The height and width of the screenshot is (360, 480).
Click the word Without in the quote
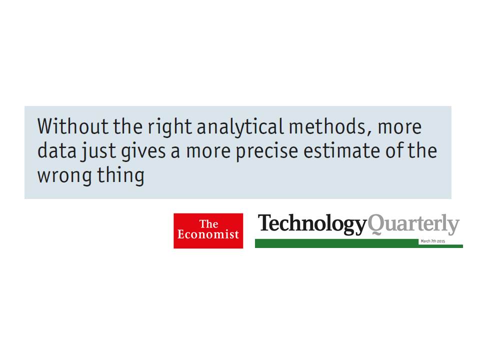pos(72,126)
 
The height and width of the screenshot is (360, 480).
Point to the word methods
pos(327,126)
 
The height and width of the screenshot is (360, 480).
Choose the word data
pos(57,150)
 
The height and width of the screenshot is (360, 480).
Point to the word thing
pos(120,175)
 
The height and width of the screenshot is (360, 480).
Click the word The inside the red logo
pos(209,224)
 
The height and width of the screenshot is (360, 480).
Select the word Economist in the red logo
pos(208,234)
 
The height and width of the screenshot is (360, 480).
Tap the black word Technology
pos(312,224)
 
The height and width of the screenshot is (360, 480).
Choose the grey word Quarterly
pos(413,224)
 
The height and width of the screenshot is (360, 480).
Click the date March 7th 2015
pos(433,241)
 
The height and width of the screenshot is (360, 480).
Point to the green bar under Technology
pos(336,243)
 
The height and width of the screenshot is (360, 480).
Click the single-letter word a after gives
pos(175,152)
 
